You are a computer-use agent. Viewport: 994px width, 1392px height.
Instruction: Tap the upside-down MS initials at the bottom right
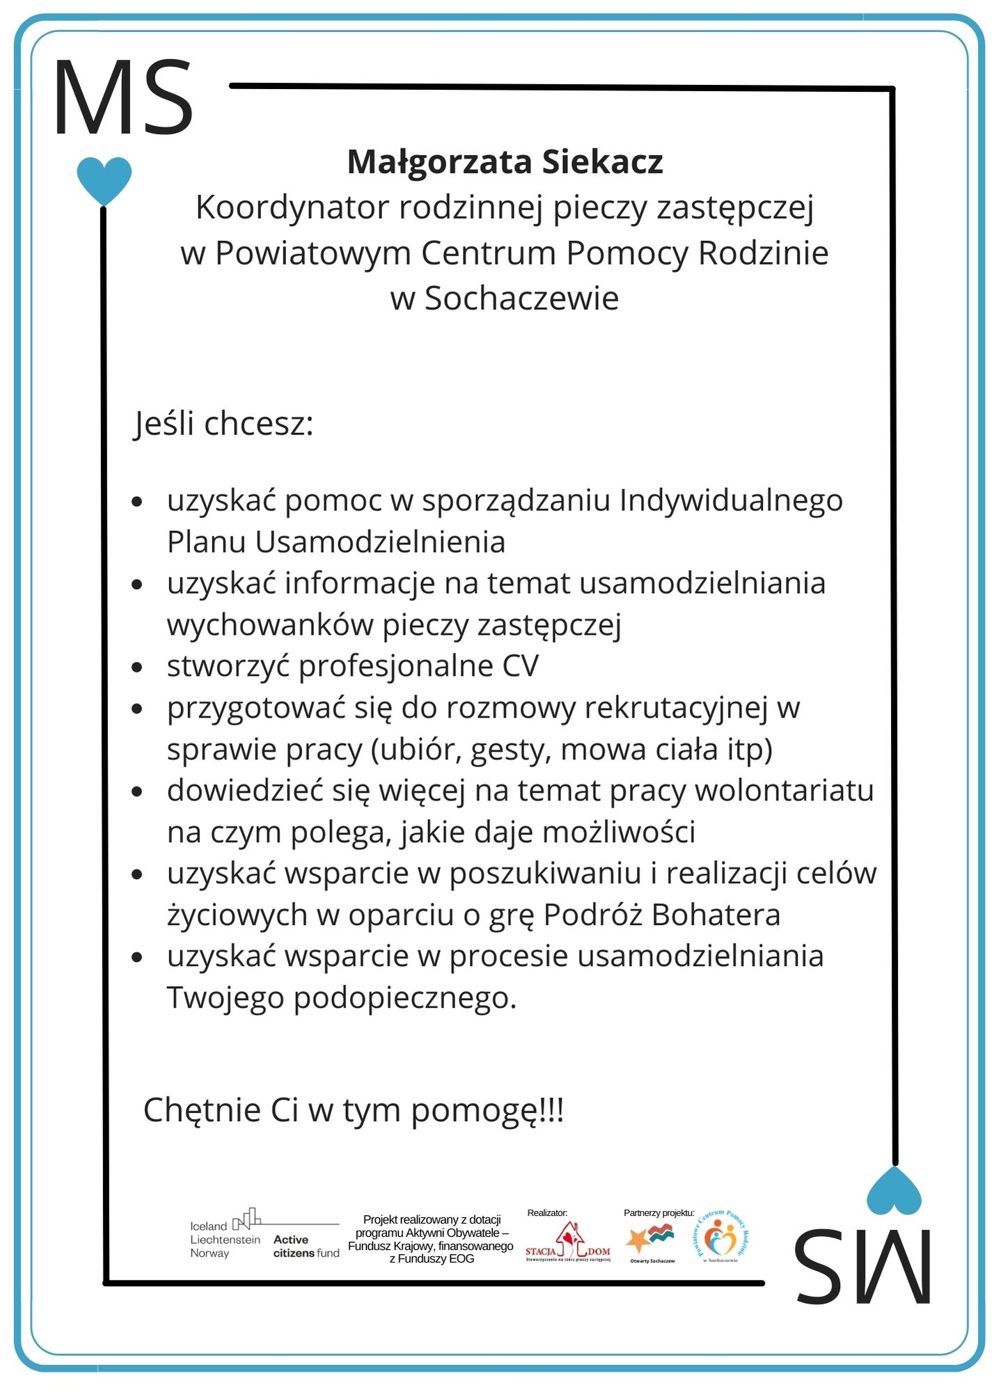tap(862, 1265)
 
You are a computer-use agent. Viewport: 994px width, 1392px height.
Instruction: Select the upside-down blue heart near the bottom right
tap(894, 1191)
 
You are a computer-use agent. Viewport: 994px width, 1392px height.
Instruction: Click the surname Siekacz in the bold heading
tap(602, 162)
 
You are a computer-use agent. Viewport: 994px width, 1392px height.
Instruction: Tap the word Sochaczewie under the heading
tap(521, 299)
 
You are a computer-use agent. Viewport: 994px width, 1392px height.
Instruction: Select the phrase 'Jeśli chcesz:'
tap(223, 424)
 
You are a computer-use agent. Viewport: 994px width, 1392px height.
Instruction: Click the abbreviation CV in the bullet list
tap(520, 666)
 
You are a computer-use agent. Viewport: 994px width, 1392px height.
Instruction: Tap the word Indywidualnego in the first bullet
tap(731, 500)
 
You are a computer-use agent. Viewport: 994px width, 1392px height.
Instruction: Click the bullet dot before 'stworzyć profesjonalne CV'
tap(137, 667)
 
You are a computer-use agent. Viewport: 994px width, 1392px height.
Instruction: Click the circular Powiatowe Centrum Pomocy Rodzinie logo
tap(720, 1237)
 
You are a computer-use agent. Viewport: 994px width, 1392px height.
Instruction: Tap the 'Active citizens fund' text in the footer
tap(306, 1246)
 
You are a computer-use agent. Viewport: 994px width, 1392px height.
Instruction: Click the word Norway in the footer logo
tap(210, 1253)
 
